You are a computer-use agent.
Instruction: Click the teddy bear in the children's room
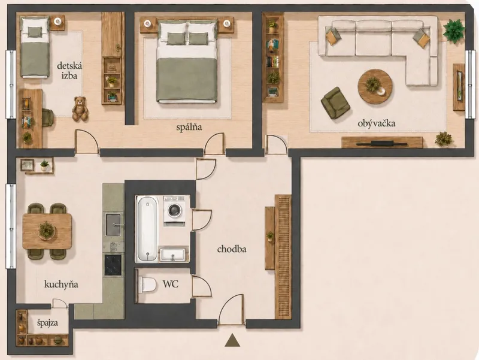(x=80, y=108)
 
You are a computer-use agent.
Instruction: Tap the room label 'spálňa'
(x=189, y=127)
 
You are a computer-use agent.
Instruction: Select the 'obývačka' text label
(x=377, y=123)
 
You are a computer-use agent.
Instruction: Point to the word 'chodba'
(x=232, y=249)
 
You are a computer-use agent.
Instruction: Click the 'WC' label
(x=171, y=284)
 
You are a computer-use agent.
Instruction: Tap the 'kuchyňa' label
(x=61, y=285)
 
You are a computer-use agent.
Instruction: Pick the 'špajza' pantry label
(x=48, y=323)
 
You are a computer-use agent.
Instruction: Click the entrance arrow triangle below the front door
(x=232, y=340)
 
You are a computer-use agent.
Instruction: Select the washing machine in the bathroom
(x=174, y=211)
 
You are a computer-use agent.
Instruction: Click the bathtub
(x=147, y=229)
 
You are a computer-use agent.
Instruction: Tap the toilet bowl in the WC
(x=147, y=285)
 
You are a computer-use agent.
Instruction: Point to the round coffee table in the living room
(x=375, y=87)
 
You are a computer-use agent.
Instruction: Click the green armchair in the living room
(x=335, y=102)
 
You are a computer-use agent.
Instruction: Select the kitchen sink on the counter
(x=113, y=225)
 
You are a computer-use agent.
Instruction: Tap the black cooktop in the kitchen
(x=113, y=265)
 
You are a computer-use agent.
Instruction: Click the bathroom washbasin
(x=172, y=255)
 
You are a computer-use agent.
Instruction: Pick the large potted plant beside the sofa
(x=454, y=30)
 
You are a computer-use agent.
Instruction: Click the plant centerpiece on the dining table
(x=47, y=231)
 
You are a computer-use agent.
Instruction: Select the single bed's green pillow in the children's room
(x=35, y=32)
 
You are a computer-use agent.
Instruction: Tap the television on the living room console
(x=382, y=143)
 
